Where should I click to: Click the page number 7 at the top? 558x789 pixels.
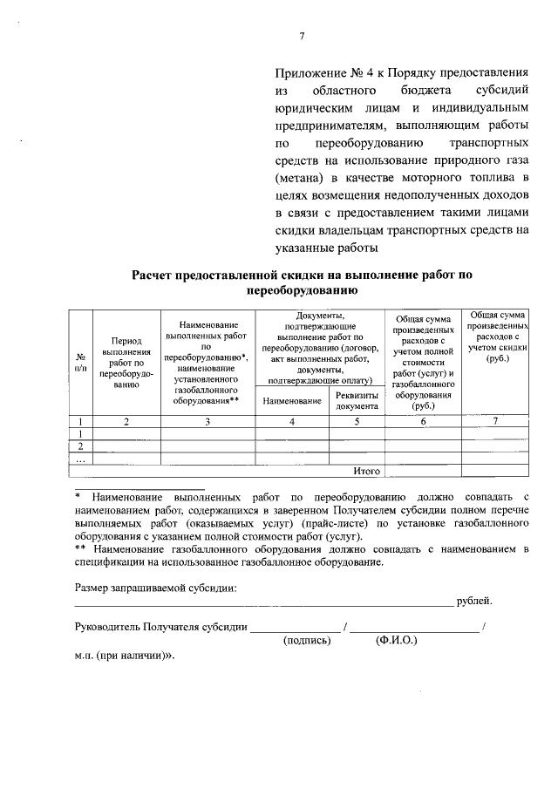tap(302, 36)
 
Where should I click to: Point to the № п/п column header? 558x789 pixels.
tap(80, 363)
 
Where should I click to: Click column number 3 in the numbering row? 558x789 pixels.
tap(208, 422)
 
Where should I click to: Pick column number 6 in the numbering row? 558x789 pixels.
tap(424, 422)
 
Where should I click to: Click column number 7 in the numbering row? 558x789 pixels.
tap(496, 422)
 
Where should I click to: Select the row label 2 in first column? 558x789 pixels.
tap(80, 446)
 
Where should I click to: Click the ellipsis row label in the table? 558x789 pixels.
tap(80, 459)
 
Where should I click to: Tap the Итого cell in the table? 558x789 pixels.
tap(367, 471)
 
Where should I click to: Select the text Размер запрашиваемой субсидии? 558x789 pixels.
tap(155, 587)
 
